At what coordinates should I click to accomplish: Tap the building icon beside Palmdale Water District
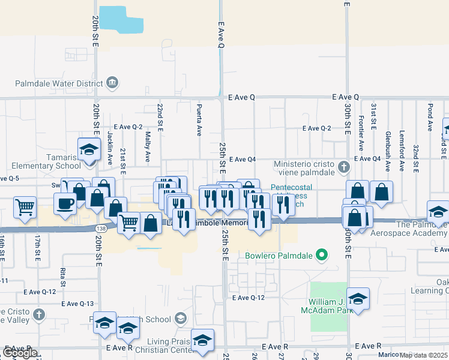coord(112,82)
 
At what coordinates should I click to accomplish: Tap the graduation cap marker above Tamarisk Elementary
coord(89,148)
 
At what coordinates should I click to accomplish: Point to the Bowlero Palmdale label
coord(280,256)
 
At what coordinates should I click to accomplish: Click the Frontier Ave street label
coord(361,133)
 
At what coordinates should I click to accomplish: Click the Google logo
coord(20,353)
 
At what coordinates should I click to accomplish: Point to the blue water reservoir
coord(121,19)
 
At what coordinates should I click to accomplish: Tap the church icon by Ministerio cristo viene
coord(343,166)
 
